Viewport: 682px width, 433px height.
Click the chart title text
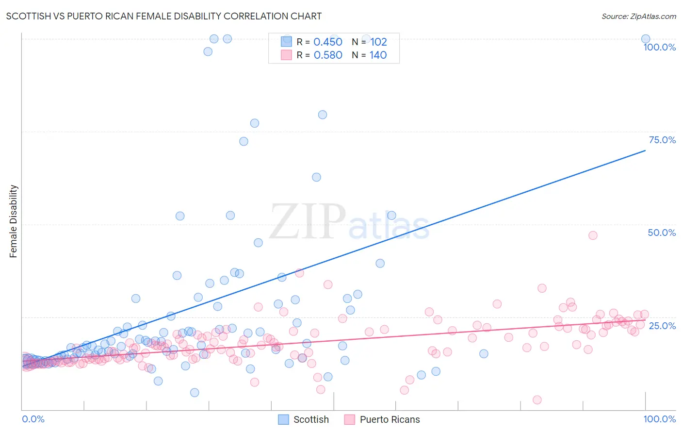(x=164, y=16)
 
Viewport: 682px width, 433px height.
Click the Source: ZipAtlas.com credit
(x=638, y=16)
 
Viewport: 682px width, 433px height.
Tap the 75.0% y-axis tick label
(x=662, y=140)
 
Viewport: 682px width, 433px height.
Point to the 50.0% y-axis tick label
(x=662, y=233)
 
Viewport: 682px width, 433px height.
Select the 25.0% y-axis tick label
(x=662, y=325)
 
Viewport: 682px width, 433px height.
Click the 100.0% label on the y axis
(x=659, y=47)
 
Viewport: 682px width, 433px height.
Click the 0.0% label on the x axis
(x=33, y=419)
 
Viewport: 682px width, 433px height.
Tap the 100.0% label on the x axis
(x=659, y=419)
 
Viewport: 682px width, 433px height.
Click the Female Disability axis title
(x=14, y=221)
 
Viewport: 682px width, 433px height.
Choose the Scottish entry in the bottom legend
(x=311, y=419)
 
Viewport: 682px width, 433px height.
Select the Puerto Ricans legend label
(x=390, y=419)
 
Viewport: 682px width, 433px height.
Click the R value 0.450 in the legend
(x=328, y=42)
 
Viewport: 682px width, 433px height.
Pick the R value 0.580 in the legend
(x=328, y=55)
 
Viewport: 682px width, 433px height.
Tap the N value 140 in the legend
(x=378, y=55)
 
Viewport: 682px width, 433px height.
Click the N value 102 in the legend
(x=378, y=42)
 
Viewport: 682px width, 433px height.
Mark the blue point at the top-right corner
(x=645, y=39)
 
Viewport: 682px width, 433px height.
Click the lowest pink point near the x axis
(x=537, y=400)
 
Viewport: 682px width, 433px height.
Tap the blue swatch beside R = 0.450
(x=287, y=42)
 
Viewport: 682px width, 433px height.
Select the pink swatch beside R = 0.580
(x=287, y=55)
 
